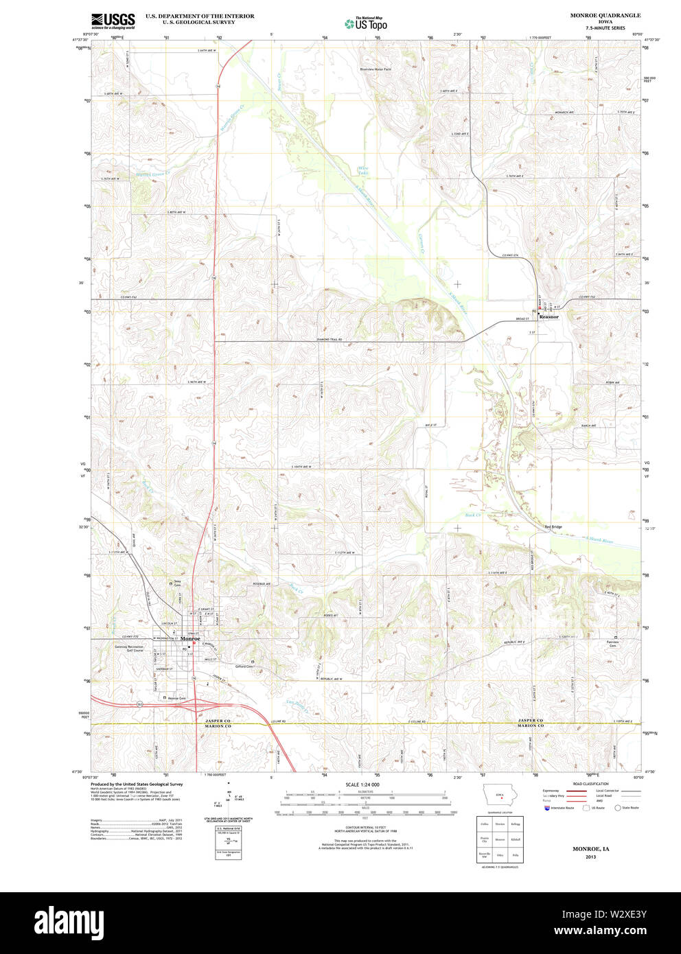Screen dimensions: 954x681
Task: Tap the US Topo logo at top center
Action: [x=367, y=23]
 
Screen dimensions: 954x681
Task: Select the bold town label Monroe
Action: [x=190, y=639]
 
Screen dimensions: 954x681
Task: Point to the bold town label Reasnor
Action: [x=549, y=317]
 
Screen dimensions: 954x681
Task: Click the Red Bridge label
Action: [x=553, y=527]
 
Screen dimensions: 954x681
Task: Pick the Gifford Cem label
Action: [x=244, y=666]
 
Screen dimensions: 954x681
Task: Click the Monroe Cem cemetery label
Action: [x=177, y=698]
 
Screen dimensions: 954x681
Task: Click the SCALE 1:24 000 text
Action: [x=362, y=784]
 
